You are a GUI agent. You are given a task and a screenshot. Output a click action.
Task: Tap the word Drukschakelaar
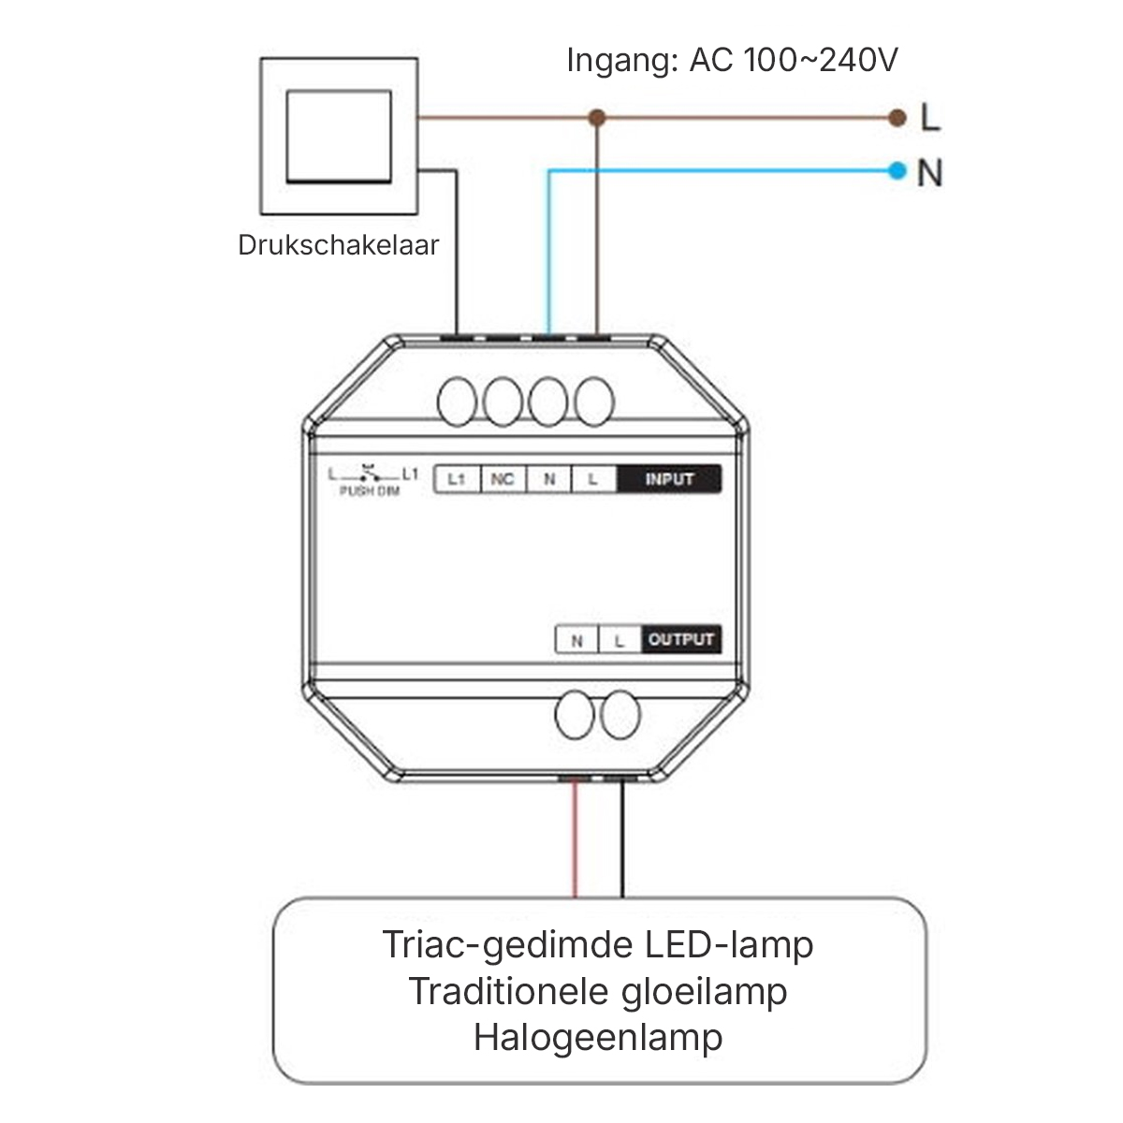pos(338,245)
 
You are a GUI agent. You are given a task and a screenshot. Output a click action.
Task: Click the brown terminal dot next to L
pos(897,118)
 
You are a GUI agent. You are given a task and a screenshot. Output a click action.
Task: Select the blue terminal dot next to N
pos(897,170)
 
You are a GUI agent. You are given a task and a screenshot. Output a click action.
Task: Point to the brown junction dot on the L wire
pos(598,118)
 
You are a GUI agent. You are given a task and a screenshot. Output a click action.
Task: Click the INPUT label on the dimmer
pos(669,479)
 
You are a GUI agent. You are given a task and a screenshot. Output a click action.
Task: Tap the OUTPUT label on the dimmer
pos(681,639)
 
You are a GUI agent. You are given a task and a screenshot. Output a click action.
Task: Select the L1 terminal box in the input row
pos(457,479)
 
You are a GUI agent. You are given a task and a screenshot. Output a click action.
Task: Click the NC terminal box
pos(503,479)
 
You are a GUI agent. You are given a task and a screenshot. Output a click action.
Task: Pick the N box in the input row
pos(549,479)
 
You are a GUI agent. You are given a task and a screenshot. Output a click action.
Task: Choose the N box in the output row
pos(577,640)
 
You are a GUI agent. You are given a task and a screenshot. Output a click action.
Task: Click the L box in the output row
pos(619,640)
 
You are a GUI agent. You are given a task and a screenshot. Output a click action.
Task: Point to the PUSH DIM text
pos(369,490)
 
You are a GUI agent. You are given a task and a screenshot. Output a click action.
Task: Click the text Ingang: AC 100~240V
pos(732,60)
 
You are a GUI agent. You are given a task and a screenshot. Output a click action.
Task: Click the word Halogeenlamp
pos(598,1037)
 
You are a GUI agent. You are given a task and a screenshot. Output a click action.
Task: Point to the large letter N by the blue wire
pos(929,173)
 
